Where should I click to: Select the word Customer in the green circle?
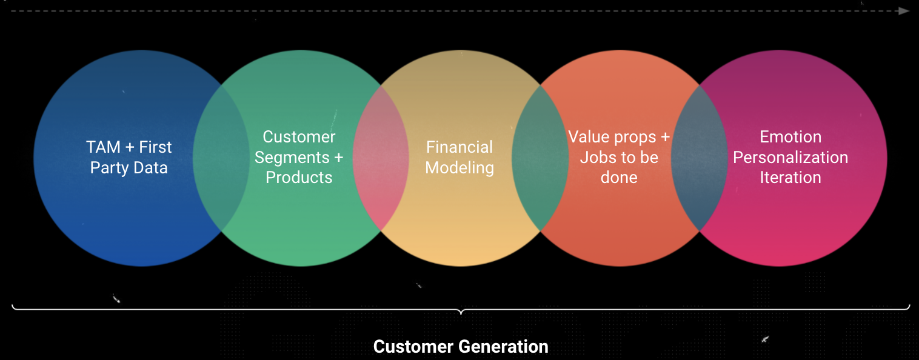point(299,137)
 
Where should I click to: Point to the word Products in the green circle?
point(299,178)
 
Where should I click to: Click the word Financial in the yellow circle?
point(459,147)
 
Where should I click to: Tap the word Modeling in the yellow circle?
point(459,168)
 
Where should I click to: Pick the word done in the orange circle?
point(619,178)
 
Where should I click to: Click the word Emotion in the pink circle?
point(790,137)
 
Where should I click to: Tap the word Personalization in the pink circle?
point(790,158)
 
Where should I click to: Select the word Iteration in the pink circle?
point(790,178)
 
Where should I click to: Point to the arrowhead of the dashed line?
point(904,11)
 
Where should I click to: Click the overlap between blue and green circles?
point(221,158)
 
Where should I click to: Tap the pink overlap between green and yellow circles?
point(381,158)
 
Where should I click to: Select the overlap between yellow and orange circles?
point(540,158)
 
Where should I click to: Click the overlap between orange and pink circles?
point(700,158)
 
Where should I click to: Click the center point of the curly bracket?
point(461,312)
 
